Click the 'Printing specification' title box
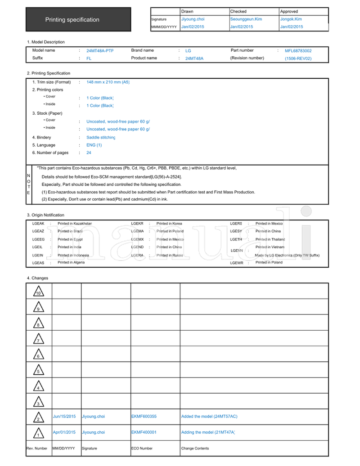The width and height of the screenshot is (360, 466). point(78,19)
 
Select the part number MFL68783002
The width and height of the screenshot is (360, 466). point(298,51)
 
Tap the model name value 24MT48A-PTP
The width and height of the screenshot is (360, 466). point(100,51)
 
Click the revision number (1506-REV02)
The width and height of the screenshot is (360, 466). point(298,58)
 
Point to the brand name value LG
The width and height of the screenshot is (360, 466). point(188,51)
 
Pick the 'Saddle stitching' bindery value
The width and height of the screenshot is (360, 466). point(101,137)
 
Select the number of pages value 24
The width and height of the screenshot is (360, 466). point(89,152)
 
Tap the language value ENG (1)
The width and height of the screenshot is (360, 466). point(94,145)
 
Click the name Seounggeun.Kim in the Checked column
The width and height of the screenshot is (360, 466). point(246,19)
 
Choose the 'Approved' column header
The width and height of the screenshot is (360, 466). point(289,11)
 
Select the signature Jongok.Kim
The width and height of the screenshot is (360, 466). point(291,19)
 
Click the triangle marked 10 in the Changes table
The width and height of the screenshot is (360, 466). point(38,292)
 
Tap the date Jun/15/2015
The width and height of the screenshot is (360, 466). point(64,417)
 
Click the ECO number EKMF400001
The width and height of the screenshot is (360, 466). point(144,432)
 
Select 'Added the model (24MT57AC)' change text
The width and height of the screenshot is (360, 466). point(209,417)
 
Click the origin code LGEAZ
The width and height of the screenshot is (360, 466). point(38,231)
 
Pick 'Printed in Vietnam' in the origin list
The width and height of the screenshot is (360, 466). point(270,247)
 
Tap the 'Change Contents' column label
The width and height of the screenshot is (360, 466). point(195,448)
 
